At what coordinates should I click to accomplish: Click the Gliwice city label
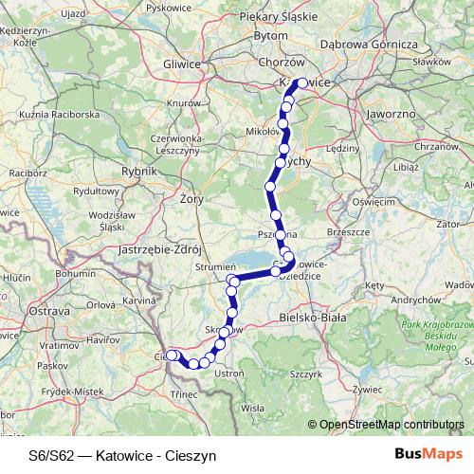coord(183,64)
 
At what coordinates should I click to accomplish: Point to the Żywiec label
coord(366,388)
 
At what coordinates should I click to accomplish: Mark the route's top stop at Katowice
coord(302,83)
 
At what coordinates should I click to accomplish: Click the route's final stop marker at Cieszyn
coord(172,355)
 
